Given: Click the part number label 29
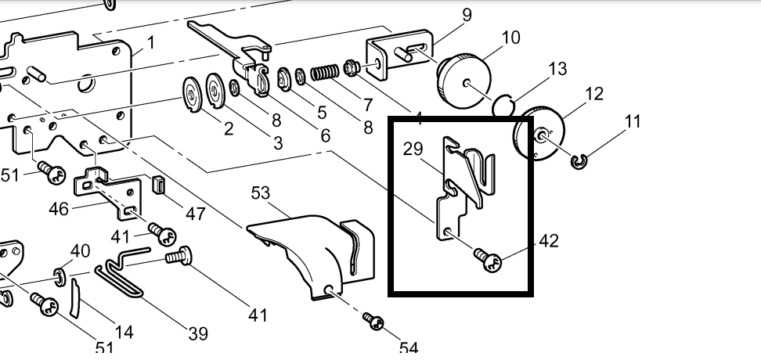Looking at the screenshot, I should (414, 149).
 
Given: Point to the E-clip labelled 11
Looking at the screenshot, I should (580, 163).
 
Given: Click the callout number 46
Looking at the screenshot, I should (60, 209).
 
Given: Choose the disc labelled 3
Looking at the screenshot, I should (215, 92).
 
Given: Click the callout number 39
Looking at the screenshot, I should (197, 334).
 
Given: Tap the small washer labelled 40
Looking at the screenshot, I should (58, 275).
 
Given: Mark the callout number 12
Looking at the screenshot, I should (594, 94).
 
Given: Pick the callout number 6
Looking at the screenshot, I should (324, 135).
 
